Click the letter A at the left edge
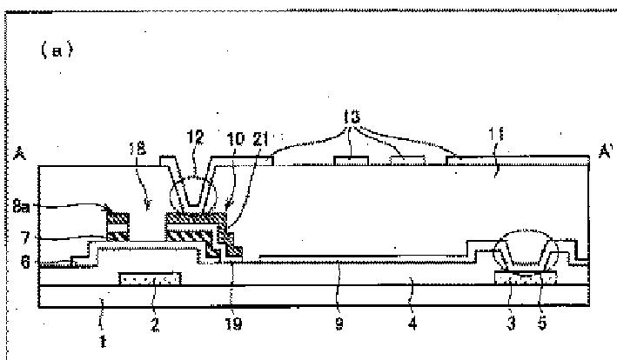(x=19, y=156)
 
